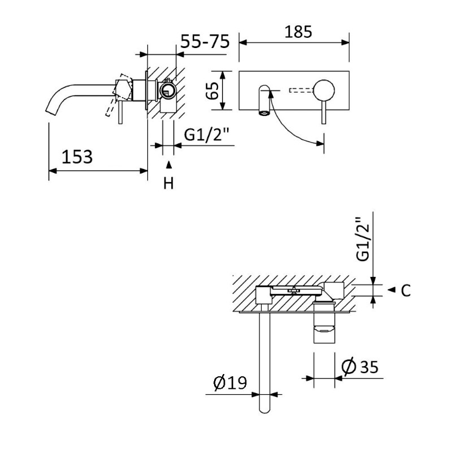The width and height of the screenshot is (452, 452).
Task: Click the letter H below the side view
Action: tap(168, 182)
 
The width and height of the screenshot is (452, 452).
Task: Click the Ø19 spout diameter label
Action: tap(231, 383)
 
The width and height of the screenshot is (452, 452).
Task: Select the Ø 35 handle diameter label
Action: tap(360, 367)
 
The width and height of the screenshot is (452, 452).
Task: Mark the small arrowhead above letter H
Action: tap(168, 166)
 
